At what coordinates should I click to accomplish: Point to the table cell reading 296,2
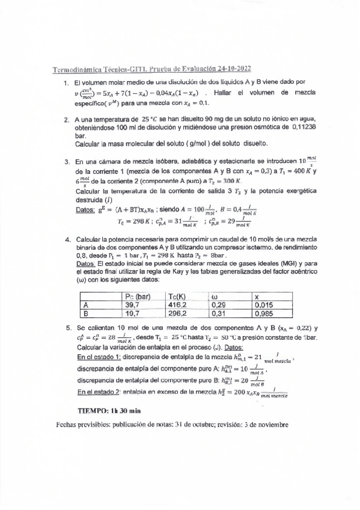(179, 313)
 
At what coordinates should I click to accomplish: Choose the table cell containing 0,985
(265, 313)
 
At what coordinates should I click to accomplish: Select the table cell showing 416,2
(179, 305)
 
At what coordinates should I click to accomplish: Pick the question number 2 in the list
(67, 120)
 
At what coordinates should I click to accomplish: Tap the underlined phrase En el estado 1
(98, 357)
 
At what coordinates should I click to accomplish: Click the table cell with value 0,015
(265, 305)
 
